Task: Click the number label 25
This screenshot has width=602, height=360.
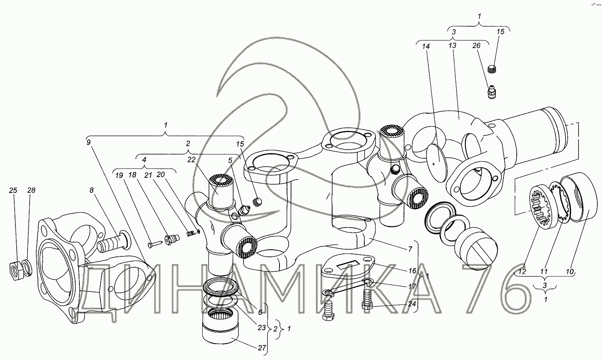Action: tap(13, 190)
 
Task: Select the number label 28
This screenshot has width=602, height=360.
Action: tap(31, 190)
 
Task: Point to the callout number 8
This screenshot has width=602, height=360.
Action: tap(91, 190)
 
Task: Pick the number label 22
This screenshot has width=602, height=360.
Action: tap(191, 160)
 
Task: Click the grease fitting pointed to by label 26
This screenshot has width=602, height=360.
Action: tap(492, 92)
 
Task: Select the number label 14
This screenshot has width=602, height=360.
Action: tap(426, 46)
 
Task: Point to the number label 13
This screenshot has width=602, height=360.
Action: tap(452, 46)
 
